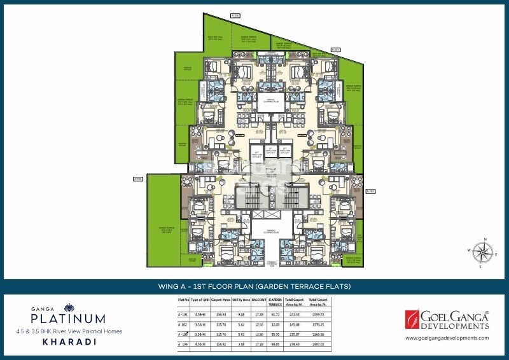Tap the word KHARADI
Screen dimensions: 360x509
[62, 341]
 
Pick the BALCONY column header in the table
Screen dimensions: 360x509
[258, 299]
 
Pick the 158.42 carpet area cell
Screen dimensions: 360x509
[221, 345]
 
